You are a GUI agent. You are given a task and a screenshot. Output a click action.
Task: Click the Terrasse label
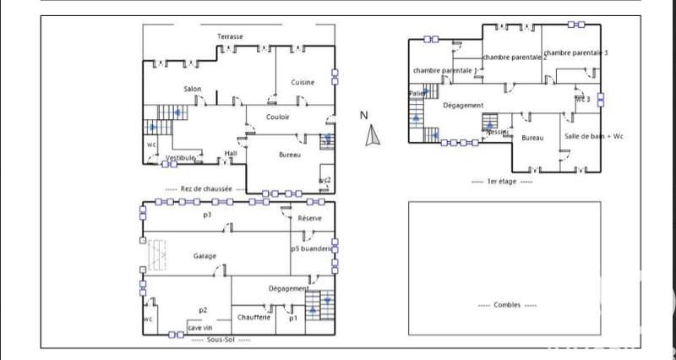[x=230, y=36]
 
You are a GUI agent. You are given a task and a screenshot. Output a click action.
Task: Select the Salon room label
[x=193, y=89]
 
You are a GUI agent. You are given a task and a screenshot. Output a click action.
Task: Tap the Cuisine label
[x=303, y=82]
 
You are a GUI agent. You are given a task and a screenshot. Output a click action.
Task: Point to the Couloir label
[x=279, y=117]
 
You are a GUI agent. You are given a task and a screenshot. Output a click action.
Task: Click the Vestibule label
[x=180, y=158]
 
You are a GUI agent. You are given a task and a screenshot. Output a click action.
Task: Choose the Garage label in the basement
[x=204, y=255]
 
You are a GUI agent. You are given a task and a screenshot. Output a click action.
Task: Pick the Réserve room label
[x=310, y=219]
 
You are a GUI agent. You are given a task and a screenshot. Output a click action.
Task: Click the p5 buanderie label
[x=313, y=249]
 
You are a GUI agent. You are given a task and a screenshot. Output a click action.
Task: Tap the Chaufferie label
[x=253, y=317]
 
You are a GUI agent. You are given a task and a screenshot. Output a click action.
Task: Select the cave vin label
[x=200, y=327]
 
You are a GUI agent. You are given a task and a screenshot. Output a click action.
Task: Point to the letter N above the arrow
[x=364, y=116]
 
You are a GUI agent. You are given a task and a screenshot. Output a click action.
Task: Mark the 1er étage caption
[x=502, y=181]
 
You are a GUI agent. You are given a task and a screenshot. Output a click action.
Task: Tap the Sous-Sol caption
[x=220, y=339]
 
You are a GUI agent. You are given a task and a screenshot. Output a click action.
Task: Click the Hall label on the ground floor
[x=231, y=153]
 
